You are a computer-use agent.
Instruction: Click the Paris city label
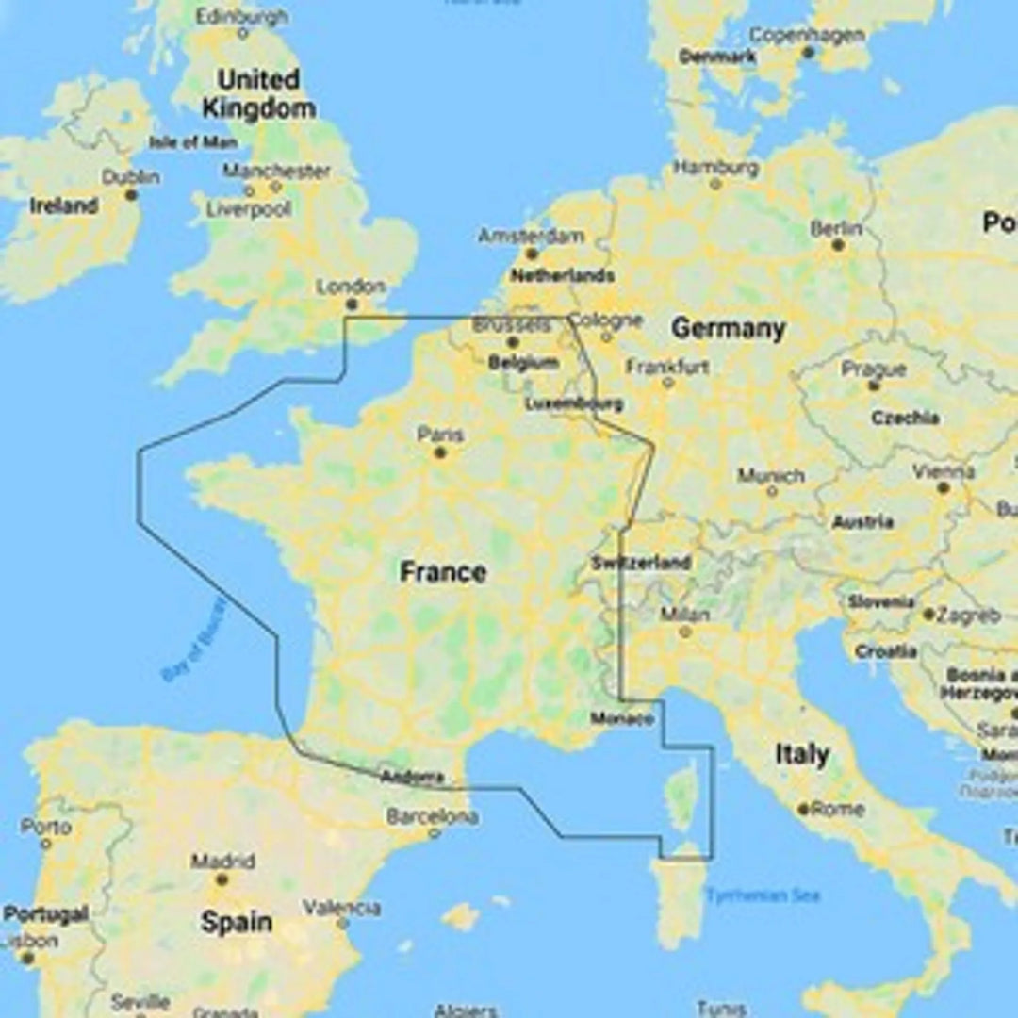(x=440, y=435)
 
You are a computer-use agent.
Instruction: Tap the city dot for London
(x=352, y=304)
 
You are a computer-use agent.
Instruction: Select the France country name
(x=443, y=572)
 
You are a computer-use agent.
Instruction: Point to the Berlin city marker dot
(x=838, y=245)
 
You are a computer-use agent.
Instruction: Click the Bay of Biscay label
(x=194, y=640)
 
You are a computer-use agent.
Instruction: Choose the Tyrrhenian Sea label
(x=763, y=895)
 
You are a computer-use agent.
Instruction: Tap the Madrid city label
(x=222, y=862)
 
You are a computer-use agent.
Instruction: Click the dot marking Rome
(x=803, y=809)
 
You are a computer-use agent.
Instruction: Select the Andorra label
(x=412, y=778)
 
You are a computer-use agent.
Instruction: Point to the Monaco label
(x=622, y=719)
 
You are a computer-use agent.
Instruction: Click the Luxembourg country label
(x=573, y=403)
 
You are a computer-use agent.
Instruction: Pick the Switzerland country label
(x=641, y=563)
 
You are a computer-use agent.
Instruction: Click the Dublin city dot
(x=131, y=195)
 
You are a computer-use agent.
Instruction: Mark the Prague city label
(x=874, y=369)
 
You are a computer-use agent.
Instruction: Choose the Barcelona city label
(x=432, y=817)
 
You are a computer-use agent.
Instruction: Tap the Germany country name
(x=728, y=328)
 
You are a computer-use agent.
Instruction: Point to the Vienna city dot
(x=943, y=488)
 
